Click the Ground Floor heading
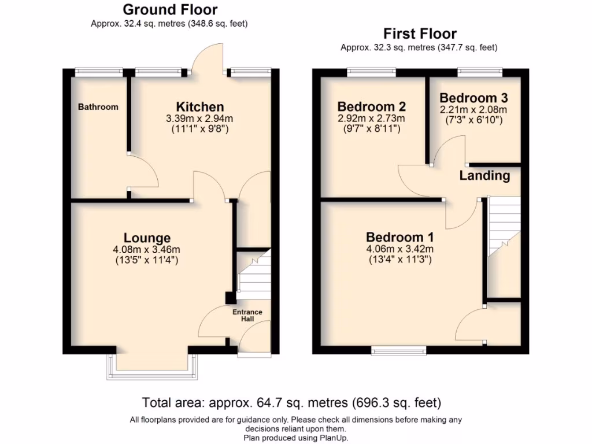[170, 9]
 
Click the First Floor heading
[420, 34]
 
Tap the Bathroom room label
[98, 107]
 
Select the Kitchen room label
[199, 107]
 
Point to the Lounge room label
[147, 238]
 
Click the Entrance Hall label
[247, 316]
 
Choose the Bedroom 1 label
[400, 238]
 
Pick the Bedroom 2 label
[371, 107]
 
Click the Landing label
[484, 176]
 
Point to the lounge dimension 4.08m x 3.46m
[147, 250]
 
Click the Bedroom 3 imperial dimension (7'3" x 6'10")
[473, 120]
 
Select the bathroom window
[98, 72]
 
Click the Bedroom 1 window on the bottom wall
[399, 350]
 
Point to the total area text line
[292, 402]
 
